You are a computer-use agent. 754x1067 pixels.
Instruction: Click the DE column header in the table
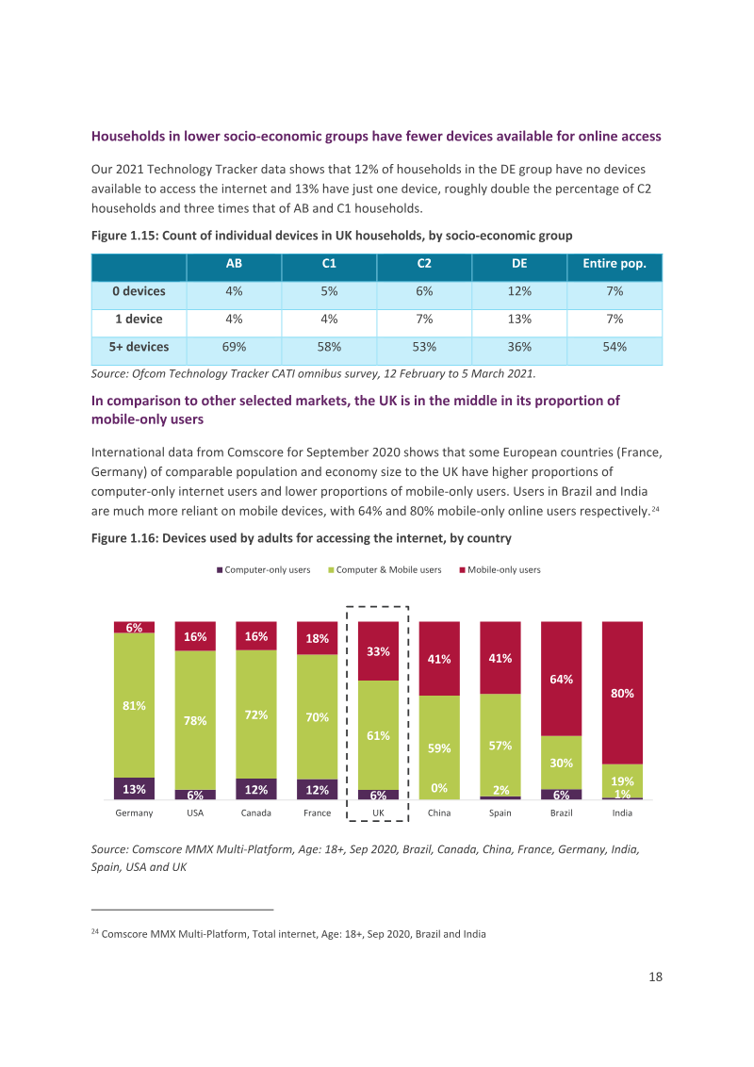pyautogui.click(x=519, y=264)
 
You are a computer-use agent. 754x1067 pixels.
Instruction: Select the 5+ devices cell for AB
pyautogui.click(x=234, y=347)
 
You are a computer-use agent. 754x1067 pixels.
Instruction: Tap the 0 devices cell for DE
pyautogui.click(x=519, y=291)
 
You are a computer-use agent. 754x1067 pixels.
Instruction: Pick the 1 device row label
pyautogui.click(x=139, y=320)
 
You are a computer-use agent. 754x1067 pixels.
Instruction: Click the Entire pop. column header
pyautogui.click(x=615, y=264)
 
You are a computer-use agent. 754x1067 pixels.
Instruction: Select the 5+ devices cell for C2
pyautogui.click(x=424, y=347)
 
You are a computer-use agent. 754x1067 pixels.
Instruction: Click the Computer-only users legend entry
pyautogui.click(x=263, y=570)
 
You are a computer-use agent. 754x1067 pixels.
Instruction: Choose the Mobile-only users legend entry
pyautogui.click(x=500, y=570)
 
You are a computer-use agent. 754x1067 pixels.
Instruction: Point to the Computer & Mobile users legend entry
pyautogui.click(x=385, y=570)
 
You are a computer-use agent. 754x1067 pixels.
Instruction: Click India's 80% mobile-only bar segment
pyautogui.click(x=622, y=693)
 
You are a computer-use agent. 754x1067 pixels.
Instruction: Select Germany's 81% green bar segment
pyautogui.click(x=134, y=706)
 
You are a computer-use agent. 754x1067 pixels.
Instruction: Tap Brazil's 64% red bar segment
pyautogui.click(x=562, y=679)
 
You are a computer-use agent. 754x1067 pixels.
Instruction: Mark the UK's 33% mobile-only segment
pyautogui.click(x=378, y=651)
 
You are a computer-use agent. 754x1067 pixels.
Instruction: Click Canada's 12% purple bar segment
pyautogui.click(x=255, y=789)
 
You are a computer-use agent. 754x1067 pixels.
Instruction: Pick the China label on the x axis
pyautogui.click(x=439, y=813)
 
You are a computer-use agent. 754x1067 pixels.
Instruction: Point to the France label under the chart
pyautogui.click(x=317, y=813)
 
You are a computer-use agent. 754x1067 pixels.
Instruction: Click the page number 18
pyautogui.click(x=655, y=977)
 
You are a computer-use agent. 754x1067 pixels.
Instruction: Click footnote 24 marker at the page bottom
pyautogui.click(x=94, y=931)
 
